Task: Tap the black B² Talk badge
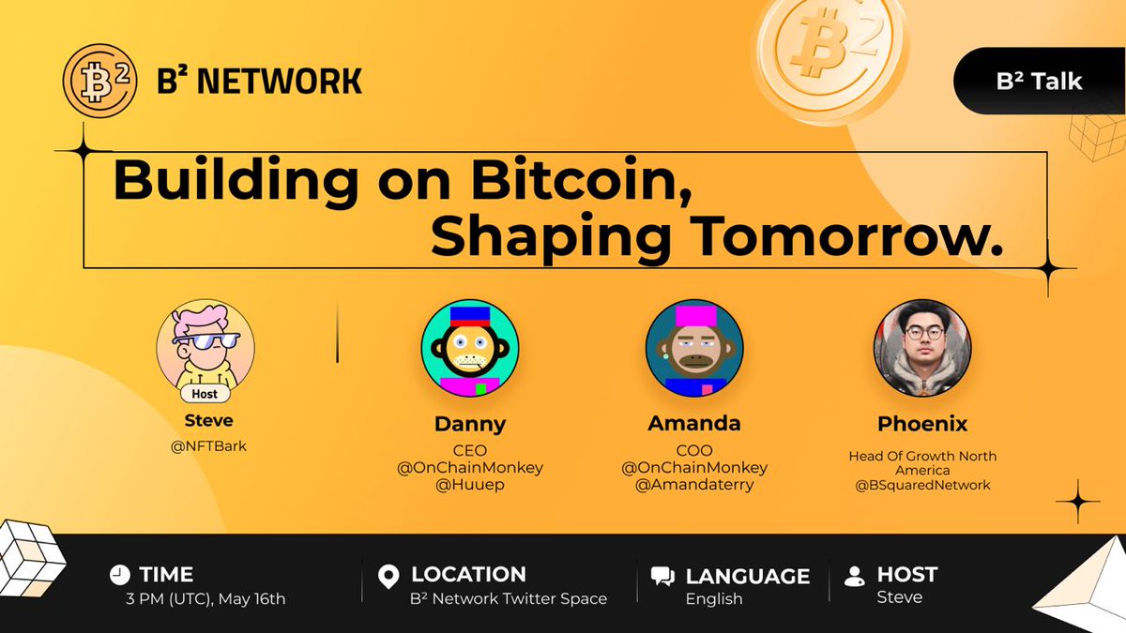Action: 1040,82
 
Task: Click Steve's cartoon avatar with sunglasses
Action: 205,345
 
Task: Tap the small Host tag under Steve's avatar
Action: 205,394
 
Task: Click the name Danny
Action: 469,423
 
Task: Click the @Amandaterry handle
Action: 694,484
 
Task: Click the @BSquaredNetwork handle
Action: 922,485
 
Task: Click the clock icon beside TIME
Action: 119,575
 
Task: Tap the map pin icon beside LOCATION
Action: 388,577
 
